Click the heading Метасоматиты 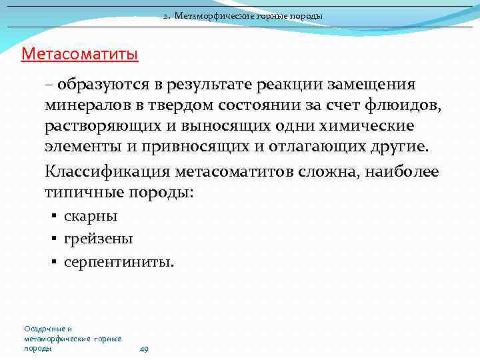[x=79, y=53]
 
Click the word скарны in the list [x=91, y=216]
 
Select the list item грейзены [x=98, y=239]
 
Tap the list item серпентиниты [x=119, y=262]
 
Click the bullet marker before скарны [x=53, y=216]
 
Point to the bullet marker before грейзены [x=53, y=239]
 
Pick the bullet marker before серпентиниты [x=53, y=262]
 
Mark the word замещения [x=377, y=85]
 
